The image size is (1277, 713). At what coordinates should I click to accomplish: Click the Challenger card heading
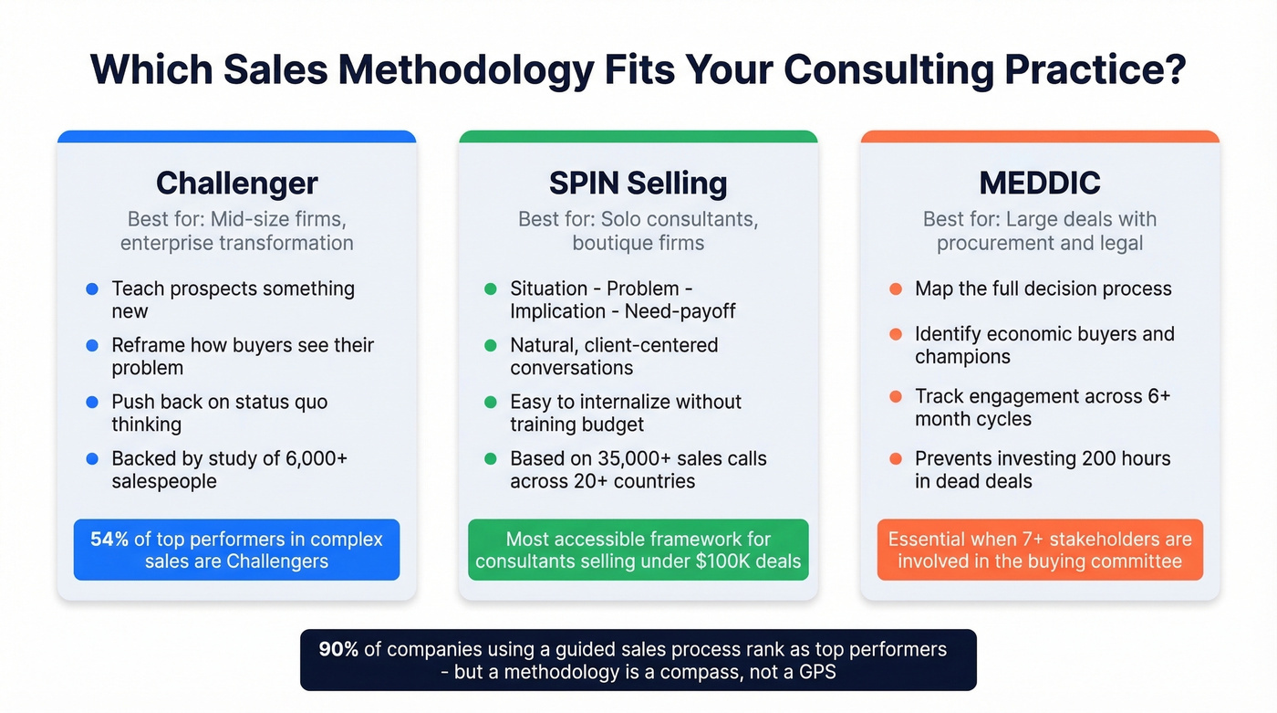pyautogui.click(x=236, y=183)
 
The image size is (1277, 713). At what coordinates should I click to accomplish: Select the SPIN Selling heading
pyautogui.click(x=638, y=183)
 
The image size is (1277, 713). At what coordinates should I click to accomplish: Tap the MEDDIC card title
pyautogui.click(x=1039, y=183)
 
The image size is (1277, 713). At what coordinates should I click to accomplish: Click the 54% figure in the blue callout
pyautogui.click(x=109, y=540)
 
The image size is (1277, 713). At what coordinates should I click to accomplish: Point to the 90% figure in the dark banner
pyautogui.click(x=338, y=649)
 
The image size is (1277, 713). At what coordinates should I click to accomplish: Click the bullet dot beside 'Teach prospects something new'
pyautogui.click(x=91, y=289)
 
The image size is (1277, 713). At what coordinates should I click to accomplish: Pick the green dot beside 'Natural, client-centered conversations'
pyautogui.click(x=491, y=346)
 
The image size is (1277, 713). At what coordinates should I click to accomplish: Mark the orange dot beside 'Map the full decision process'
pyautogui.click(x=896, y=289)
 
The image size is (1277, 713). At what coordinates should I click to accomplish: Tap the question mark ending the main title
pyautogui.click(x=1173, y=69)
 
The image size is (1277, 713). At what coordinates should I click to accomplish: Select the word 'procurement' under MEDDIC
pyautogui.click(x=989, y=243)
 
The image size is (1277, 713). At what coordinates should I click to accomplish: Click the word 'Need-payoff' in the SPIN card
pyautogui.click(x=680, y=311)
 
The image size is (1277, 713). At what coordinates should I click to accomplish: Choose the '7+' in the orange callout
pyautogui.click(x=1048, y=539)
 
